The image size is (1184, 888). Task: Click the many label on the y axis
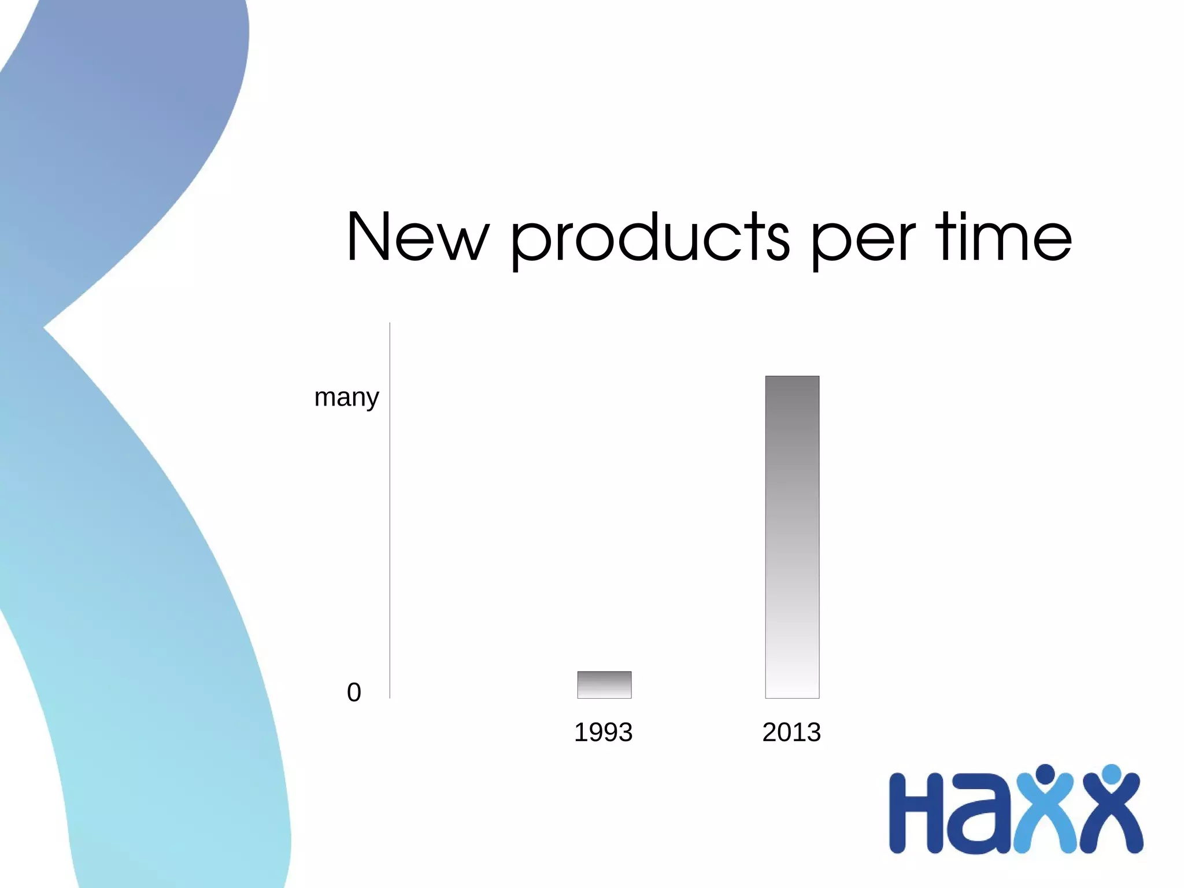tap(346, 398)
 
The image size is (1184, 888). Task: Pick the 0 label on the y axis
tap(354, 692)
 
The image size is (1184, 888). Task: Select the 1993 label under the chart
tap(603, 732)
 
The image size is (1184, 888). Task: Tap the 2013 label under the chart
tap(791, 732)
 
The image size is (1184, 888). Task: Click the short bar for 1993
tap(604, 685)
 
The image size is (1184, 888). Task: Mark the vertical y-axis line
tap(390, 509)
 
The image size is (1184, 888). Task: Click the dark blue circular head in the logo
tap(1045, 773)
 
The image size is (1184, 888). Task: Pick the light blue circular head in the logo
tap(1111, 773)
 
